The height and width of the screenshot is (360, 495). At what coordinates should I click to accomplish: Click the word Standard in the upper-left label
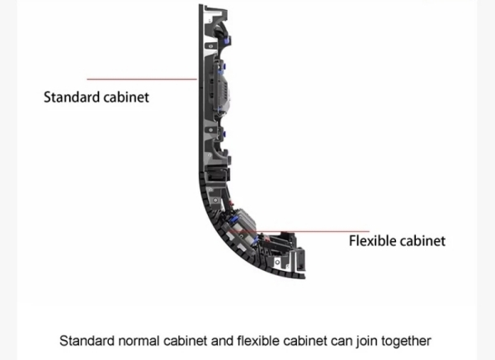pos(72,97)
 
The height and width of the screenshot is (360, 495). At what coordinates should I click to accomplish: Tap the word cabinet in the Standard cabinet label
pos(126,97)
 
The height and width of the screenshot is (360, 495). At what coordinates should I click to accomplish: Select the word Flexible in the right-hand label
pos(370,241)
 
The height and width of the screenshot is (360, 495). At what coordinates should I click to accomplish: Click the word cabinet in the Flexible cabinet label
pos(420,241)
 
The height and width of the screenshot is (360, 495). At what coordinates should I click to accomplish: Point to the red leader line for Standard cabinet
pos(142,79)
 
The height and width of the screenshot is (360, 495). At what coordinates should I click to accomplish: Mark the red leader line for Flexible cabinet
pos(299,231)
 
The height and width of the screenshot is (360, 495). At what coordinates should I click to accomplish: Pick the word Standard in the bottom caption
pos(87,341)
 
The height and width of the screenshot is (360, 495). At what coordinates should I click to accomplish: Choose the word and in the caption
pos(222,341)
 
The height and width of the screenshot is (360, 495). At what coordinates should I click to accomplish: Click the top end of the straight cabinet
pos(200,5)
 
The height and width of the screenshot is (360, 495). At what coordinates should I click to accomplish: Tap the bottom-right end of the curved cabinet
pos(304,277)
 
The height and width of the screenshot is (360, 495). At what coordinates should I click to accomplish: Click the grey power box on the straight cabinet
pos(221,90)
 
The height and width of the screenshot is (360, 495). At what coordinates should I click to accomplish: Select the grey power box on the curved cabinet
pos(243,220)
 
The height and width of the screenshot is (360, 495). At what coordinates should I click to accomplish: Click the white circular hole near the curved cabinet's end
pos(277,262)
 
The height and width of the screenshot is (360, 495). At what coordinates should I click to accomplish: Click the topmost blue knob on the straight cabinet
pos(226,40)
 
